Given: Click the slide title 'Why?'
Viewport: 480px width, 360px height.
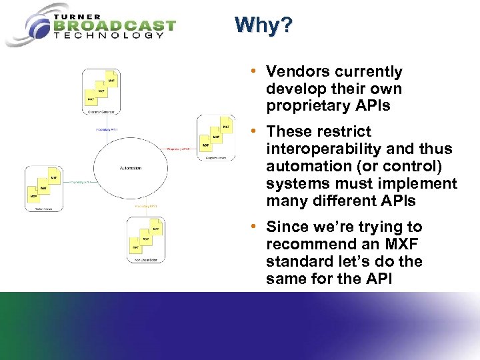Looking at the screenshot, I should [263, 25].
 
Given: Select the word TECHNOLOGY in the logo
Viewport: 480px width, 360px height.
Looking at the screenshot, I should [109, 36].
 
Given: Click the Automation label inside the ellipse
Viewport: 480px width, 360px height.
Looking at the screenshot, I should [130, 168].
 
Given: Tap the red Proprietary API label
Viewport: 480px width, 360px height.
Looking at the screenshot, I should [179, 149].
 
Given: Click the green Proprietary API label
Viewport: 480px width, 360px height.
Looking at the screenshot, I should [81, 181].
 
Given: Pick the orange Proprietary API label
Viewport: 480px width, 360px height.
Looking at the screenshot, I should [146, 206].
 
